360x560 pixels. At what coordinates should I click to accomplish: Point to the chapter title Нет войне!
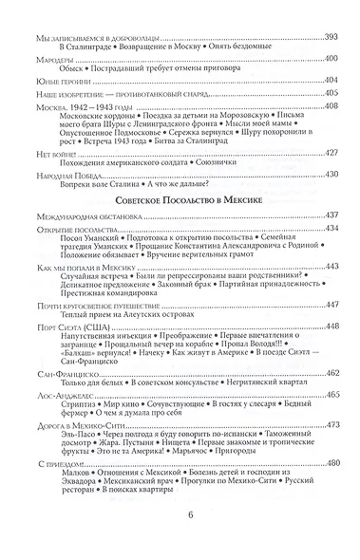[x=49, y=179]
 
